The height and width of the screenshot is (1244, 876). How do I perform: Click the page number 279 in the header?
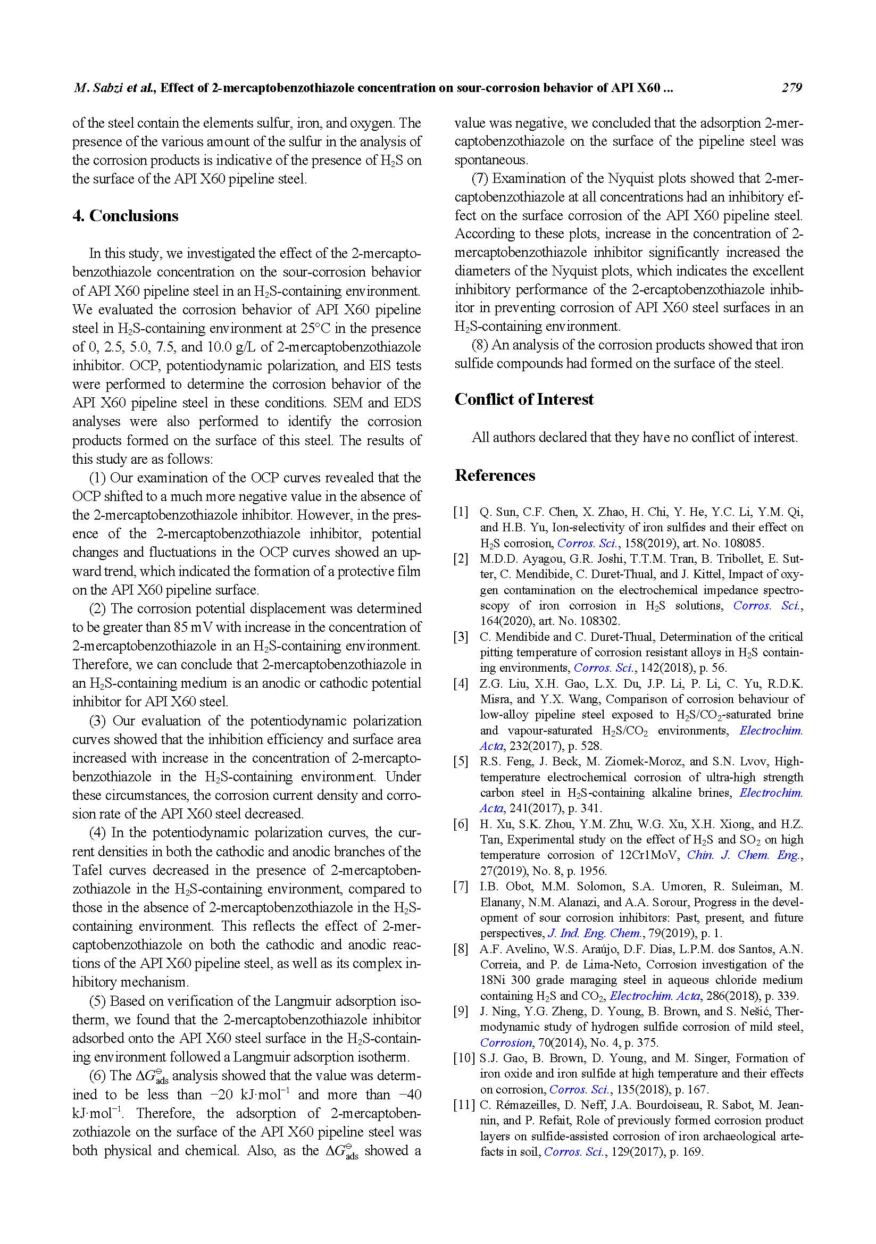coord(791,88)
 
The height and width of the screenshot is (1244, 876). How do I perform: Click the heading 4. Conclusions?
coord(125,215)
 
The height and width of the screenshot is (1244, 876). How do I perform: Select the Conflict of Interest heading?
coord(524,399)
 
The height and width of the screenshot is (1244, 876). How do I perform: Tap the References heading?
coord(495,475)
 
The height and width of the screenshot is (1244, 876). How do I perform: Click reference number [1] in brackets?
coord(461,512)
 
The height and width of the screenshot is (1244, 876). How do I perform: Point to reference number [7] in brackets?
coord(461,887)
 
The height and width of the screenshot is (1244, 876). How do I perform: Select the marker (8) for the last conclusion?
coord(479,345)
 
